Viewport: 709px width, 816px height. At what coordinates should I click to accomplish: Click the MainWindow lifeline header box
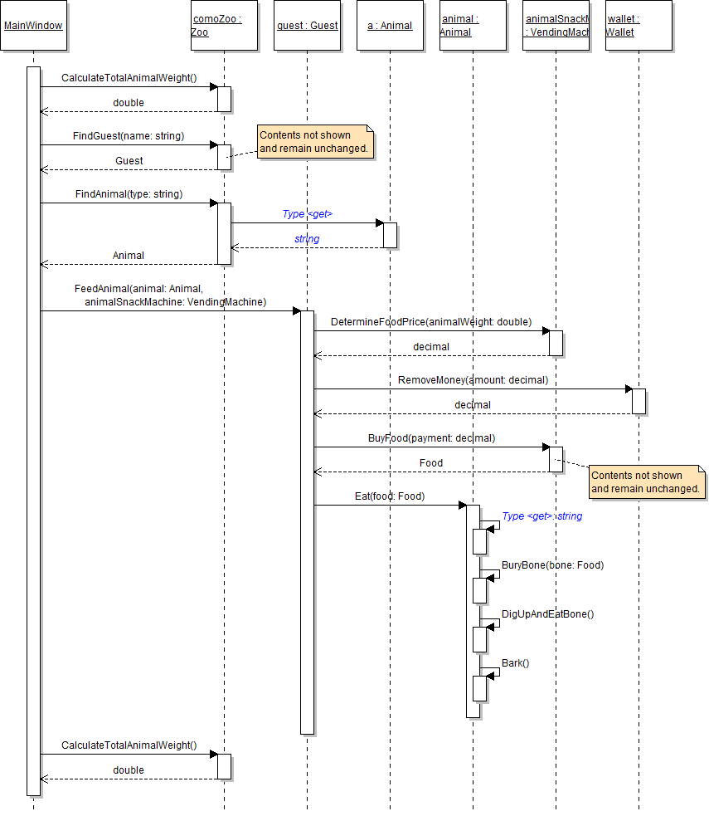(x=33, y=26)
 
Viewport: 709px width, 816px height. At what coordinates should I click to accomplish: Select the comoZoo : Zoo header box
(x=224, y=26)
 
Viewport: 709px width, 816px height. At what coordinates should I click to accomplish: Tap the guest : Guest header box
(x=307, y=26)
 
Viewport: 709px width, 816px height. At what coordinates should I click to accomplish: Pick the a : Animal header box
(x=390, y=26)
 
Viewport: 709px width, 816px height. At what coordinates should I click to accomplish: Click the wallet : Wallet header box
(x=639, y=26)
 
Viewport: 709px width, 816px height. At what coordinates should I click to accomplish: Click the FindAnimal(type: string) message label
(x=129, y=194)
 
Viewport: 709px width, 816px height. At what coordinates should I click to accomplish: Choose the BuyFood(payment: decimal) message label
(x=431, y=438)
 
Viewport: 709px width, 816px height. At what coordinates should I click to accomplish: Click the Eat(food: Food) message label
(x=390, y=496)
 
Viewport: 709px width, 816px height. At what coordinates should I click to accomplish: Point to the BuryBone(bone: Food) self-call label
(x=552, y=565)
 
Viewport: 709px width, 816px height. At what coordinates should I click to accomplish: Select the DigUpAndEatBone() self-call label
(x=547, y=614)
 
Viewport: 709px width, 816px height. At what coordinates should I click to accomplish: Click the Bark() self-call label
(x=515, y=663)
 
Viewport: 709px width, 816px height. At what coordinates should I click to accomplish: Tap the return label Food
(x=431, y=463)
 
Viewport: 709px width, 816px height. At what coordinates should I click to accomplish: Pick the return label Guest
(x=129, y=161)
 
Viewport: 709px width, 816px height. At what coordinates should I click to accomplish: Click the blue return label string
(x=307, y=239)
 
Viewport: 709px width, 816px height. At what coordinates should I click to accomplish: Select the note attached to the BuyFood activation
(x=647, y=482)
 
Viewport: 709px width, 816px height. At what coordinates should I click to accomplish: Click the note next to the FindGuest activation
(x=315, y=142)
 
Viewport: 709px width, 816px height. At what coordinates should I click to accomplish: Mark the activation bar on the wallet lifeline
(x=639, y=401)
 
